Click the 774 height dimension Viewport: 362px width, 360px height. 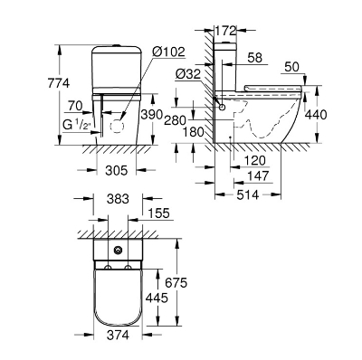[x=59, y=83]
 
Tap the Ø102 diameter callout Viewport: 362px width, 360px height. [x=168, y=52]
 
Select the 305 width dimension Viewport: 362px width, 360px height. [x=117, y=171]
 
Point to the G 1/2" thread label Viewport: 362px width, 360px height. [x=77, y=124]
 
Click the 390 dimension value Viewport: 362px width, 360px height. [x=152, y=115]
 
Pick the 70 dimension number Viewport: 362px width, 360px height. [x=75, y=106]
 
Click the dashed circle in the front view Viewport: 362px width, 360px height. [x=119, y=125]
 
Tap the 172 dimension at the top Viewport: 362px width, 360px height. [x=225, y=31]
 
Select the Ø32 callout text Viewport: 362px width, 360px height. [x=188, y=74]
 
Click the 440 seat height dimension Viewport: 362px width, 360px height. [x=316, y=115]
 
